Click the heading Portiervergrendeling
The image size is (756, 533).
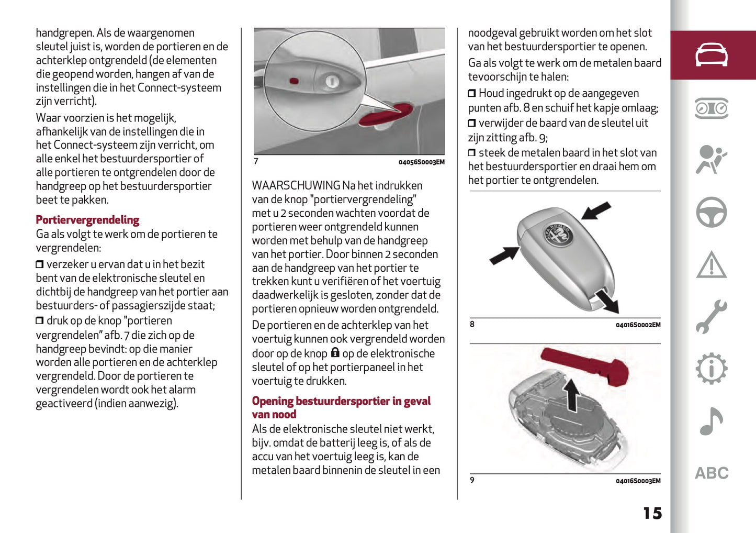tap(87, 220)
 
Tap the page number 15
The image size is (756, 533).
tap(652, 513)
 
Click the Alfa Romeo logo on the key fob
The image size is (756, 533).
tap(558, 234)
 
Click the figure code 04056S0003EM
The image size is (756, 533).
tap(421, 162)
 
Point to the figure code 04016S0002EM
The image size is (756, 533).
tap(638, 325)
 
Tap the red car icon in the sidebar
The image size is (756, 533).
tap(711, 55)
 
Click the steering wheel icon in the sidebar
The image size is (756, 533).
tap(711, 212)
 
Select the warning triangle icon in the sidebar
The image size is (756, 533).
tap(711, 265)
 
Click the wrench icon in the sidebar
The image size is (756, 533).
tap(711, 317)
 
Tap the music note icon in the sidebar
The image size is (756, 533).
tap(711, 421)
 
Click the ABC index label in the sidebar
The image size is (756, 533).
tap(711, 473)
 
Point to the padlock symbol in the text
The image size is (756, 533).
tap(335, 353)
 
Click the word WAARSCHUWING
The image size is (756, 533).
tap(296, 186)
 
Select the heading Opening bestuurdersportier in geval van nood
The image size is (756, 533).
tap(341, 407)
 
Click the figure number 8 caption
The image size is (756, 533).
tap(472, 325)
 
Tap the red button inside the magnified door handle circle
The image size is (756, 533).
tap(294, 81)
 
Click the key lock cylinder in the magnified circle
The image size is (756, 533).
tap(332, 81)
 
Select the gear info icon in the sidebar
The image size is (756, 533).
tap(711, 369)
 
